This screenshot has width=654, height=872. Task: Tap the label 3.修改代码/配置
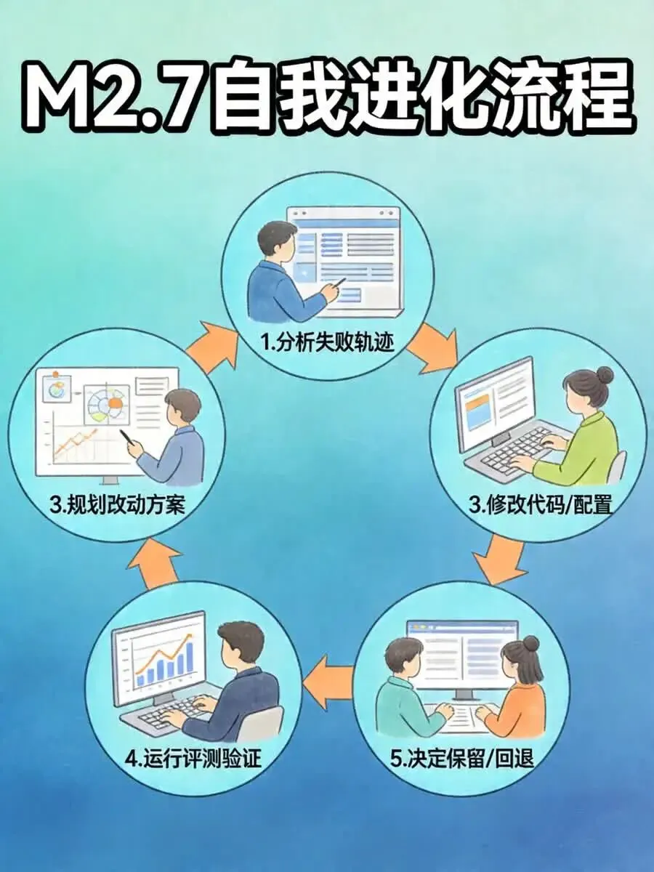[540, 504]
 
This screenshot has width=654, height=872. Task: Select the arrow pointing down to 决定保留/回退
[501, 558]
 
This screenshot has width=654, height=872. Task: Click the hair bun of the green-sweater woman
[604, 376]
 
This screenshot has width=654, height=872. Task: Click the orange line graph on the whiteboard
[76, 443]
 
